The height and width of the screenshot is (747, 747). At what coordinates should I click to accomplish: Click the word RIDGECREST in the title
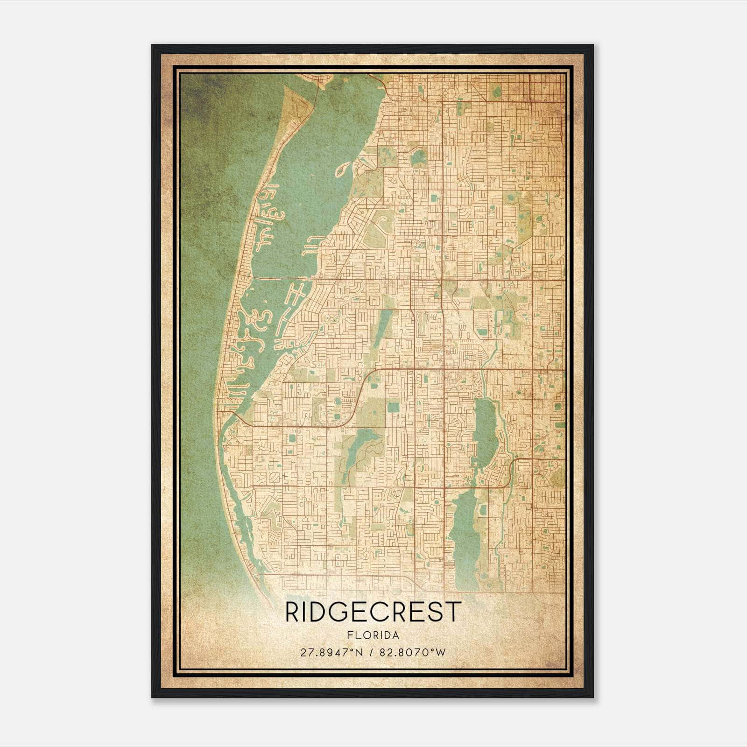coord(373,612)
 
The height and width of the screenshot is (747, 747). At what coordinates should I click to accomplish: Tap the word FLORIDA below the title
coord(373,635)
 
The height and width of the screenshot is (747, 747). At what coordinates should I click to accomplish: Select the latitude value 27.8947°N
coord(331,652)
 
